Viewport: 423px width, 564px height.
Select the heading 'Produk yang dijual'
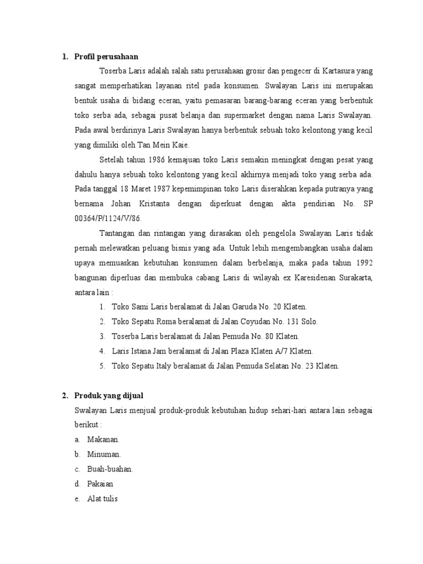point(109,395)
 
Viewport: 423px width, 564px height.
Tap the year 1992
point(362,263)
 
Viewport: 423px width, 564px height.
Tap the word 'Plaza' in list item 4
point(250,351)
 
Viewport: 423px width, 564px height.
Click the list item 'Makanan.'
point(103,440)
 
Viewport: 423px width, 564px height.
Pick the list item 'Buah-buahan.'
point(110,469)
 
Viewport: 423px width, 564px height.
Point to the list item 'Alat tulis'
point(102,499)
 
